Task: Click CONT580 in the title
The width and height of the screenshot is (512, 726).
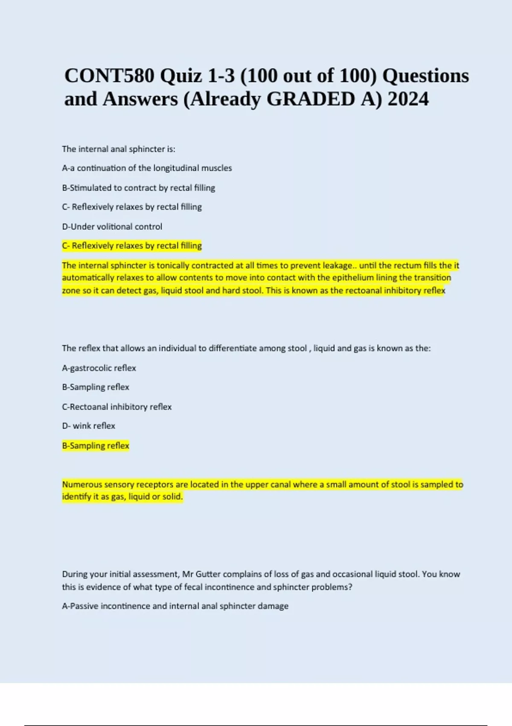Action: tap(109, 76)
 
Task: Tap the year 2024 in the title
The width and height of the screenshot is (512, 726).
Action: tap(408, 99)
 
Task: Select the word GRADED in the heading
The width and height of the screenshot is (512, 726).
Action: tap(311, 99)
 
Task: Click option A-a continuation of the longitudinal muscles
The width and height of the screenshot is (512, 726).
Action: tap(147, 168)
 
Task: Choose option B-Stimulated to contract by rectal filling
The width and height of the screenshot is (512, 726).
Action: tap(138, 187)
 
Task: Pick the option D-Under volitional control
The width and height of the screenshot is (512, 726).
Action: tap(112, 226)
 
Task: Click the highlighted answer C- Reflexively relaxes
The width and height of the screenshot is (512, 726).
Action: tap(131, 246)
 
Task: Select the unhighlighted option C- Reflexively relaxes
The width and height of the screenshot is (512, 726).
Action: tap(131, 207)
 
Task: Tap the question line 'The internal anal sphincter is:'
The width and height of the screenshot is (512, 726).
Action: tap(118, 149)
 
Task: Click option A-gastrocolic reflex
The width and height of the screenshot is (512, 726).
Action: tap(99, 368)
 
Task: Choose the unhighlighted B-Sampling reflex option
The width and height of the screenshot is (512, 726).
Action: tap(95, 387)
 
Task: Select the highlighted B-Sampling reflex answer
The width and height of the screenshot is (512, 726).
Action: tap(95, 445)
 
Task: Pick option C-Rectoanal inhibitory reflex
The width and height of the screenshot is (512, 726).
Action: tap(116, 407)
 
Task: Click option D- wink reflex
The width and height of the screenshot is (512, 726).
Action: tap(88, 426)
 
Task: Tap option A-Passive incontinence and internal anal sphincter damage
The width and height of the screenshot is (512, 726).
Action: tap(175, 606)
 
